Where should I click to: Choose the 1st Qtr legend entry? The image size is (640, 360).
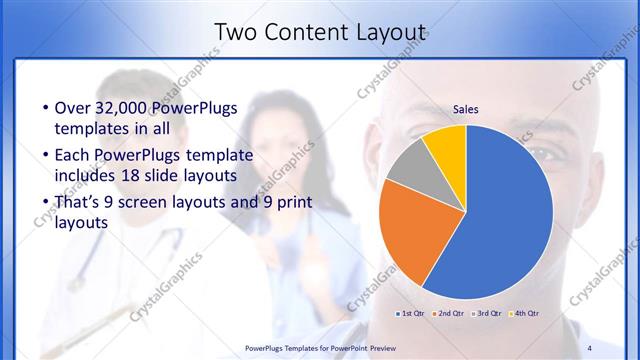tap(411, 314)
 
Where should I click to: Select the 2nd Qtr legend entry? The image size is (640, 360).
tap(449, 314)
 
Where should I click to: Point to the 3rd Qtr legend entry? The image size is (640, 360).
tap(487, 314)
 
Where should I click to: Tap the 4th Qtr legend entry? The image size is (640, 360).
tap(525, 314)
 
